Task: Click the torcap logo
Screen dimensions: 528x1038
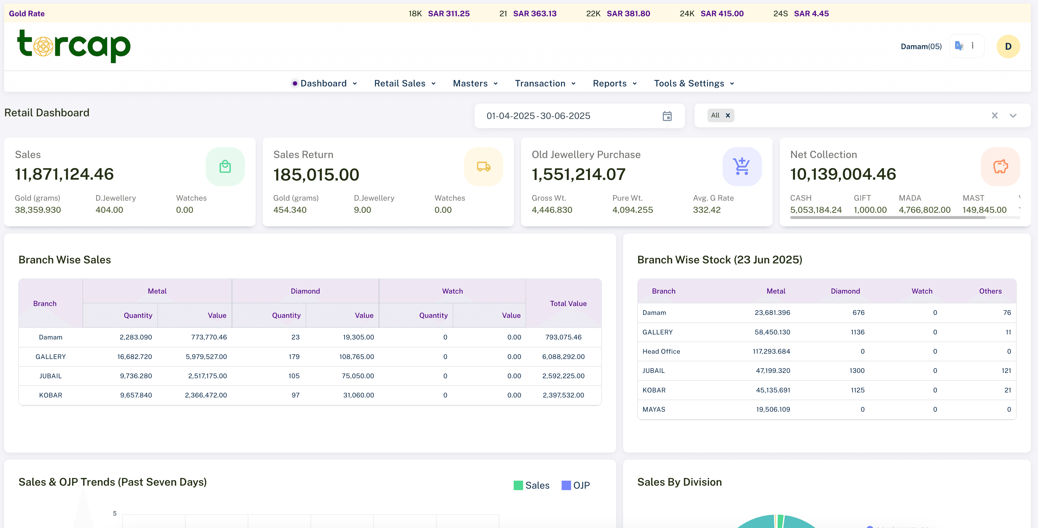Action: [x=74, y=46]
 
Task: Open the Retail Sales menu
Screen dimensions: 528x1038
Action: [x=404, y=83]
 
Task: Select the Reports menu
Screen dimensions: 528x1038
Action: [x=614, y=83]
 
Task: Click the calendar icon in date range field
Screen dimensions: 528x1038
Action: [x=667, y=116]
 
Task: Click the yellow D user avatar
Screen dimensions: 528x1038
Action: [x=1008, y=47]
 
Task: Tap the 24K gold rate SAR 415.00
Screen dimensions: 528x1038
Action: [x=722, y=14]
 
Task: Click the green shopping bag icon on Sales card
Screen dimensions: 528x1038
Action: [x=225, y=166]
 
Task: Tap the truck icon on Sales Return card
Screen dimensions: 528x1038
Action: [x=483, y=166]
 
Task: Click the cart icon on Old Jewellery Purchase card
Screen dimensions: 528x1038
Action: [x=742, y=166]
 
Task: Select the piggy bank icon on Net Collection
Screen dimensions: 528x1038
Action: [x=1000, y=166]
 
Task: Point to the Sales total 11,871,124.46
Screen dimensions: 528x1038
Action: [x=65, y=174]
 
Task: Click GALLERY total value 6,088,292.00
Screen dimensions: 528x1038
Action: [x=563, y=357]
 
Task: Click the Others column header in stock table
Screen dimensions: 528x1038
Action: [x=990, y=291]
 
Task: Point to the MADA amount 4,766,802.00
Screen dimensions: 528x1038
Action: [x=924, y=210]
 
